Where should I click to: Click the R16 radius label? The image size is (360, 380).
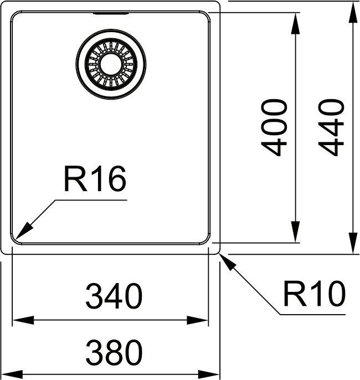coord(95,179)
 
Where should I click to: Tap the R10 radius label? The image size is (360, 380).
coord(314,294)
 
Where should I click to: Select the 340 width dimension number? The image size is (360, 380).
coord(114,296)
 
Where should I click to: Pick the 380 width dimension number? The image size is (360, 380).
coord(114,352)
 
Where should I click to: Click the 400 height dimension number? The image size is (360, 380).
coord(274,127)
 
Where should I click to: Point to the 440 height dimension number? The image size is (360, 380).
coord(331,127)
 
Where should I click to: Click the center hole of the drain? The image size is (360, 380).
coord(111,64)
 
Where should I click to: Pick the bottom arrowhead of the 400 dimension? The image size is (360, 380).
coord(295,232)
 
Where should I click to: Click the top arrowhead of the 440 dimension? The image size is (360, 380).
coord(353,12)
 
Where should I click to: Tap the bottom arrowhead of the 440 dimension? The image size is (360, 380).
coord(353,243)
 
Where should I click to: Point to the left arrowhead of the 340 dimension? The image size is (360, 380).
coord(23,320)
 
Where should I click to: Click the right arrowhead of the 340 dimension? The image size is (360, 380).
coord(197,320)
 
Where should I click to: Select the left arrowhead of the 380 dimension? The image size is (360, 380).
coord(12,374)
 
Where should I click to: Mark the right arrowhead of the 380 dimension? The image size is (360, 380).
coord(209,374)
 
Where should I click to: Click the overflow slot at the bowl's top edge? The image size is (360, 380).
coord(111,13)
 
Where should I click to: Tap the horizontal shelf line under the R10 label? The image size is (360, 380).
coord(313,315)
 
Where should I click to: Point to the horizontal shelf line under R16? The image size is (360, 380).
coord(91,200)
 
